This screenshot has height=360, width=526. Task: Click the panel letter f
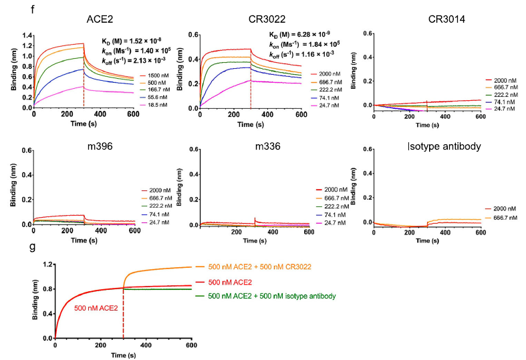coord(5,10)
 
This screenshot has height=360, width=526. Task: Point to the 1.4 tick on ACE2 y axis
coord(25,34)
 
